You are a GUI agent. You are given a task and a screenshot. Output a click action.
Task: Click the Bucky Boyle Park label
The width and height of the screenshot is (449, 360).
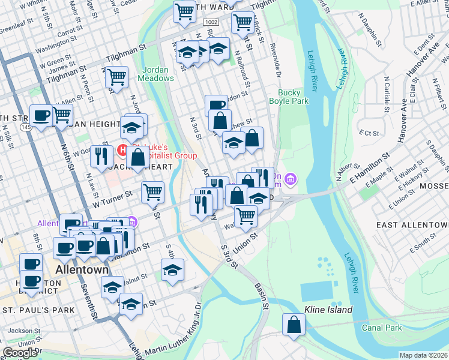click(x=293, y=97)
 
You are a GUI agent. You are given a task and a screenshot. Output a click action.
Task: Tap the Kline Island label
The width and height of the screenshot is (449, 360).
click(x=328, y=310)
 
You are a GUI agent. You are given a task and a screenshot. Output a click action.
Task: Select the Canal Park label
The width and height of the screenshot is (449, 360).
click(x=381, y=328)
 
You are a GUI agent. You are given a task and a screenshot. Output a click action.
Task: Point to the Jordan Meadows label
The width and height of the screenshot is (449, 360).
click(x=158, y=74)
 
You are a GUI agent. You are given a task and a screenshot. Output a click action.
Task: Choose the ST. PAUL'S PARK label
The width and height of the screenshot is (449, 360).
click(x=38, y=310)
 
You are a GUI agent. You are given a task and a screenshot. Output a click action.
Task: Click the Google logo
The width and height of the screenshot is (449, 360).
click(x=20, y=352)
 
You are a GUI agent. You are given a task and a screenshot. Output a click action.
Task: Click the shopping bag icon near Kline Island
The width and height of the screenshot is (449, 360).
click(x=294, y=325)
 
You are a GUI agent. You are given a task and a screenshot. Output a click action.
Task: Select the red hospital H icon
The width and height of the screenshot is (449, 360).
click(x=122, y=149)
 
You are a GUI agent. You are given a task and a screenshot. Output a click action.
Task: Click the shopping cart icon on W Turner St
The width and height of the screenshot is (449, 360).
click(x=153, y=193)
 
